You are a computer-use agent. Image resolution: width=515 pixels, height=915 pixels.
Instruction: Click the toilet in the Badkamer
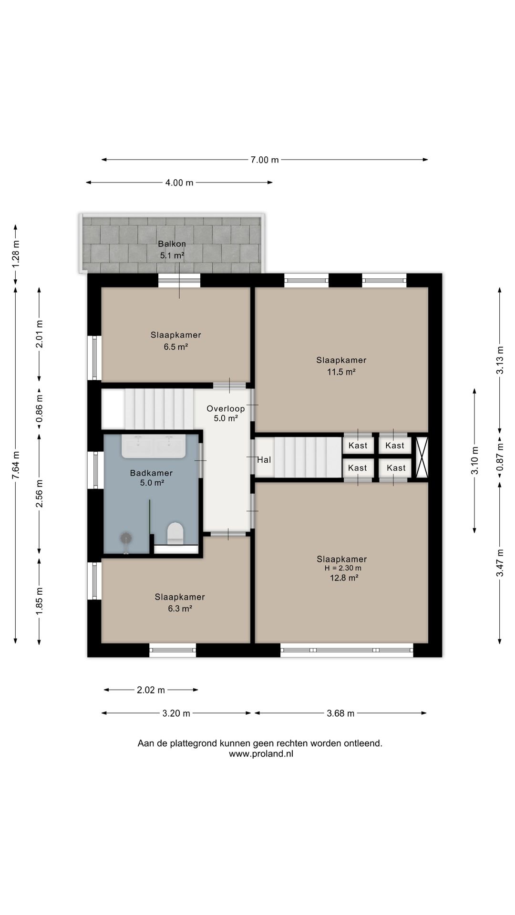pos(175,533)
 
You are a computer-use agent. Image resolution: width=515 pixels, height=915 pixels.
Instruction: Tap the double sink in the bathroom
pos(153,446)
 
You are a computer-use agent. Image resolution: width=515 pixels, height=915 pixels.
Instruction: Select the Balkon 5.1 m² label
pos(172,250)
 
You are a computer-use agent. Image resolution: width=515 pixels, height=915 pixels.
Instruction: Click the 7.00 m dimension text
pos(265,160)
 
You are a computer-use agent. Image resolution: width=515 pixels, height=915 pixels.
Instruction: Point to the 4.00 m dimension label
pos(179,183)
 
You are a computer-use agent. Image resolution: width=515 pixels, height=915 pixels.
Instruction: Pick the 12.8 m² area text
pos(344,578)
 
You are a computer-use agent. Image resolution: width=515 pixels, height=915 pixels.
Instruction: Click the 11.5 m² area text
pos(341,372)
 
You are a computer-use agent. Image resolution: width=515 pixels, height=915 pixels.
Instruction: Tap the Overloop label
pos(226,408)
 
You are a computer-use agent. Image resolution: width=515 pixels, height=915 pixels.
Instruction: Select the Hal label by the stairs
pos(264,460)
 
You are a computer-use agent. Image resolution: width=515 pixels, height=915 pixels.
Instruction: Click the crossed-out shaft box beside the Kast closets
pos(422,457)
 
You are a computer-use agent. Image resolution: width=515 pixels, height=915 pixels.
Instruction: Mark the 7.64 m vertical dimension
pos(16,468)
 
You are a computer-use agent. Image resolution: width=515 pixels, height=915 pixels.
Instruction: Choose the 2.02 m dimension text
pos(151,690)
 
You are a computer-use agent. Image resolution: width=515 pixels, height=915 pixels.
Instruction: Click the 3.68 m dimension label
pos(340,713)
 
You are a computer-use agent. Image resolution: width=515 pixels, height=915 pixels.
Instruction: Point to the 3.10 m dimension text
pos(474,460)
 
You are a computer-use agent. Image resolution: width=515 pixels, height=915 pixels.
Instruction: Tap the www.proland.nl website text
pos(261,754)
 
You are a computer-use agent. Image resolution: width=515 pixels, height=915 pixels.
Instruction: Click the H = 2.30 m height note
pos(343,568)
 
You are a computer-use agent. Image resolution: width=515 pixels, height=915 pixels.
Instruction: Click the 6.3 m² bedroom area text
pos(180,609)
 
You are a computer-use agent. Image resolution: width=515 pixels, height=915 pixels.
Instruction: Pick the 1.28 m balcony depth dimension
pos(16,254)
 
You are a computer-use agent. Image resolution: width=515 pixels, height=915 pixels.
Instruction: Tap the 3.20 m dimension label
pos(176,713)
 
